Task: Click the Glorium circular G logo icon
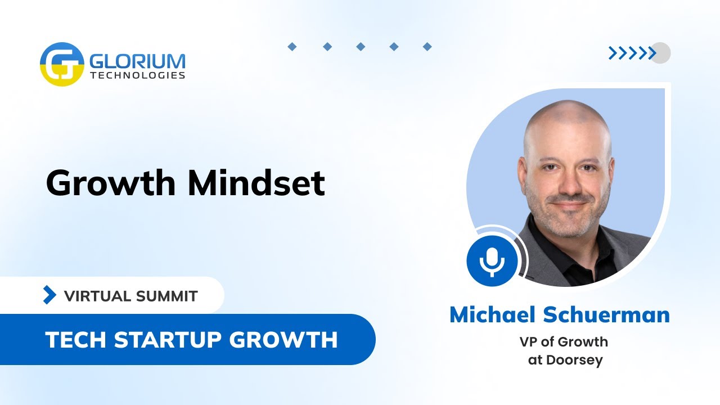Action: pyautogui.click(x=62, y=64)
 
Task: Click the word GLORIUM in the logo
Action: pyautogui.click(x=136, y=60)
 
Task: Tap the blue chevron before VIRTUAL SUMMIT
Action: pyautogui.click(x=50, y=295)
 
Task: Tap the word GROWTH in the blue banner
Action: pyautogui.click(x=290, y=339)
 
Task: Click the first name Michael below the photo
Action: pyautogui.click(x=493, y=315)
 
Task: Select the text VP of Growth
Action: pyautogui.click(x=564, y=341)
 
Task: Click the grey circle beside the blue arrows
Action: pyautogui.click(x=660, y=53)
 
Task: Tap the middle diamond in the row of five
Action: pyautogui.click(x=361, y=47)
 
